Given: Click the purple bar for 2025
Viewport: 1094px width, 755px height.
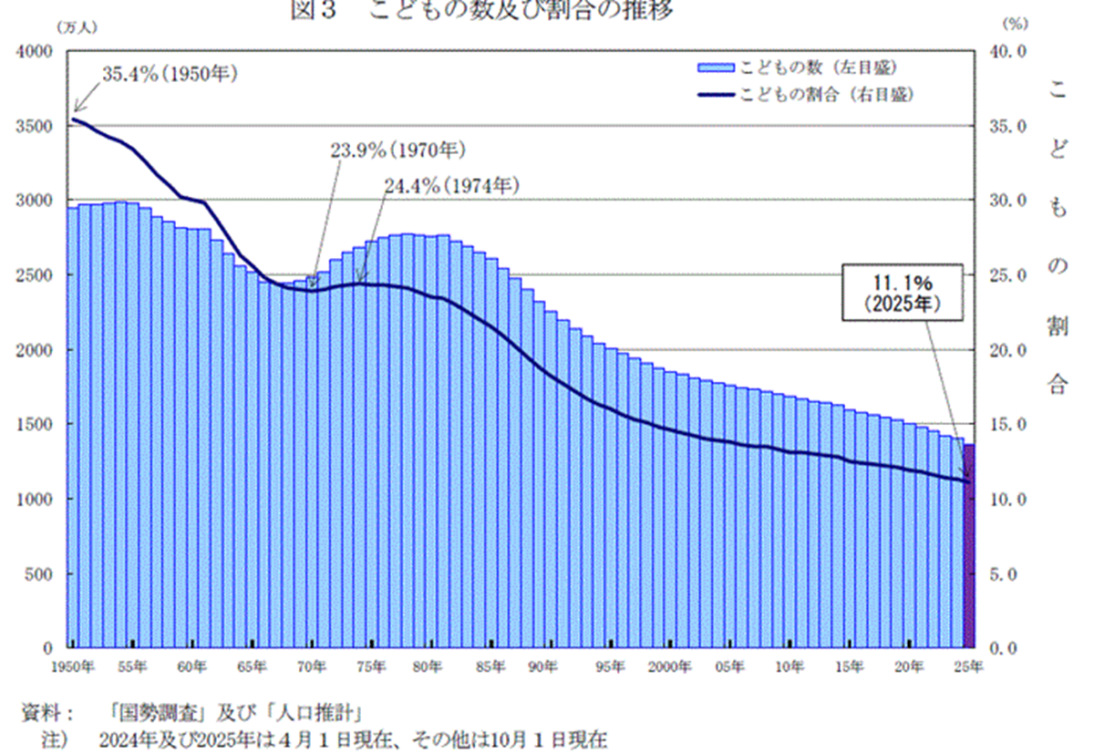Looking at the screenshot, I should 970,547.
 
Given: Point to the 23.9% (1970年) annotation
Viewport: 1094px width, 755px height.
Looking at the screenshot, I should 397,149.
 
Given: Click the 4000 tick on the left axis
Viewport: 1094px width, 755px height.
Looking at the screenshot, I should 35,51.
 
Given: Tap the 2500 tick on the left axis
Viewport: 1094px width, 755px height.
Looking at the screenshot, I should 35,275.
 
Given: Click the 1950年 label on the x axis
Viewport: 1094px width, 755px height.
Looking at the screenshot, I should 72,667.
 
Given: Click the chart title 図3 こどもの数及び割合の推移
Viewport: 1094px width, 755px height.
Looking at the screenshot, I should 483,10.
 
